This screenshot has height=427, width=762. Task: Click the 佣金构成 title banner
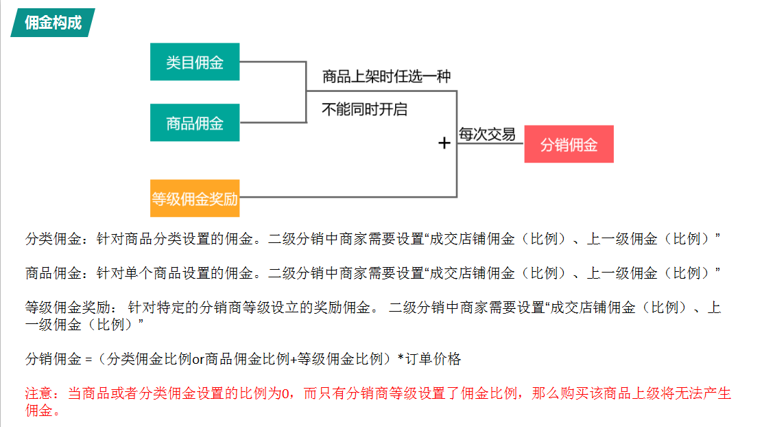pos(53,23)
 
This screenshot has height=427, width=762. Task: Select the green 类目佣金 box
pos(195,62)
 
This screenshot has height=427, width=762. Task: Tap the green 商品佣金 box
pos(195,123)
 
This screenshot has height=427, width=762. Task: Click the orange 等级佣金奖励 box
pos(195,198)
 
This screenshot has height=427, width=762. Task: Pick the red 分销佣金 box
pos(569,144)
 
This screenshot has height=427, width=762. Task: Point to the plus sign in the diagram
pos(444,143)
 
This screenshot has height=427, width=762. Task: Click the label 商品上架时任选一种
pos(386,77)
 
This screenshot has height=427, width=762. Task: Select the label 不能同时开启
pos(364,109)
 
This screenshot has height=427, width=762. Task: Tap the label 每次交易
pos(487,135)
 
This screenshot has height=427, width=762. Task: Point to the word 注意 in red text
pos(40,394)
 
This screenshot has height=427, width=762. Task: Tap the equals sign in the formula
pos(88,359)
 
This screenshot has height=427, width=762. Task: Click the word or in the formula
pos(198,359)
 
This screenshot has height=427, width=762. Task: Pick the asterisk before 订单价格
pos(400,358)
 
